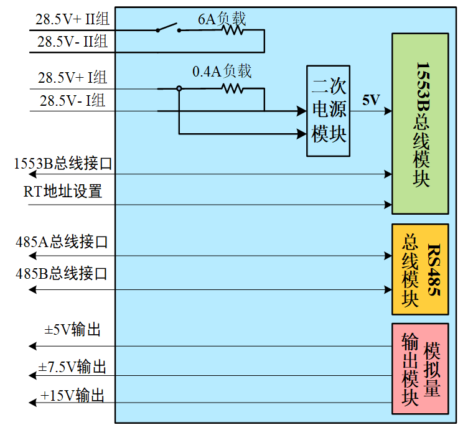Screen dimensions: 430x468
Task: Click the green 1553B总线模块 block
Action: point(419,124)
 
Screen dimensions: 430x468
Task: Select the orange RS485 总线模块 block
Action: point(419,269)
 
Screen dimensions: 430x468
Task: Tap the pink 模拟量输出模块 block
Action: point(419,369)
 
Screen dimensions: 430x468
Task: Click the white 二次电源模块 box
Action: point(328,111)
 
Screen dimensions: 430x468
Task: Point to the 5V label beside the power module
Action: point(371,100)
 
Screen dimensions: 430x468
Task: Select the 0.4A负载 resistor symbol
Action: point(232,88)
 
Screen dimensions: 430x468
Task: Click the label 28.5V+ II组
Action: point(72,19)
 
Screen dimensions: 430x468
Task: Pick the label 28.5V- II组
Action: point(72,42)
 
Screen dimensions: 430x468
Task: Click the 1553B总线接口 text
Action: point(63,164)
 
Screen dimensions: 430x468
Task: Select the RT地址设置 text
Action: point(63,191)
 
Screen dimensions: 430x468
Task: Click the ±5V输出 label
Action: point(72,329)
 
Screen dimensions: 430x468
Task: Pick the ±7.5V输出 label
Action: point(72,367)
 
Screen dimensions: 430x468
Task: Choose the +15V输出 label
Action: point(72,395)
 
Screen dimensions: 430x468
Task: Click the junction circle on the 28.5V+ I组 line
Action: point(179,88)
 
